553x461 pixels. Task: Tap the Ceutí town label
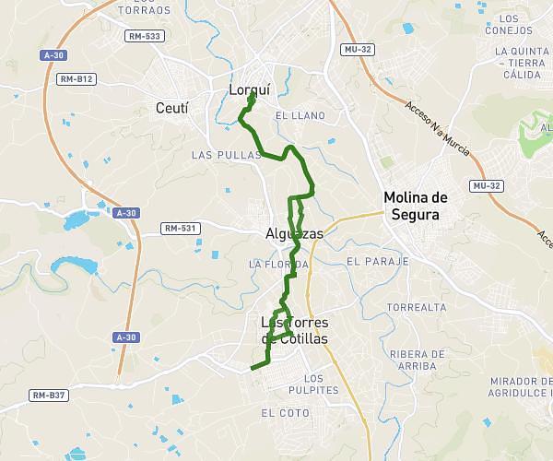(x=171, y=109)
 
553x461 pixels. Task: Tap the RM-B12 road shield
(x=76, y=79)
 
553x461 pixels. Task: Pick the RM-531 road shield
(x=181, y=228)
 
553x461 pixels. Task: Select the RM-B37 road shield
(x=49, y=396)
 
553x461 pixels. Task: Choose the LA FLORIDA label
(x=277, y=264)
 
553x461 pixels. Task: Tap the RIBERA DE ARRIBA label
(x=418, y=360)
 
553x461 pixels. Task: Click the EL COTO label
(x=285, y=412)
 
